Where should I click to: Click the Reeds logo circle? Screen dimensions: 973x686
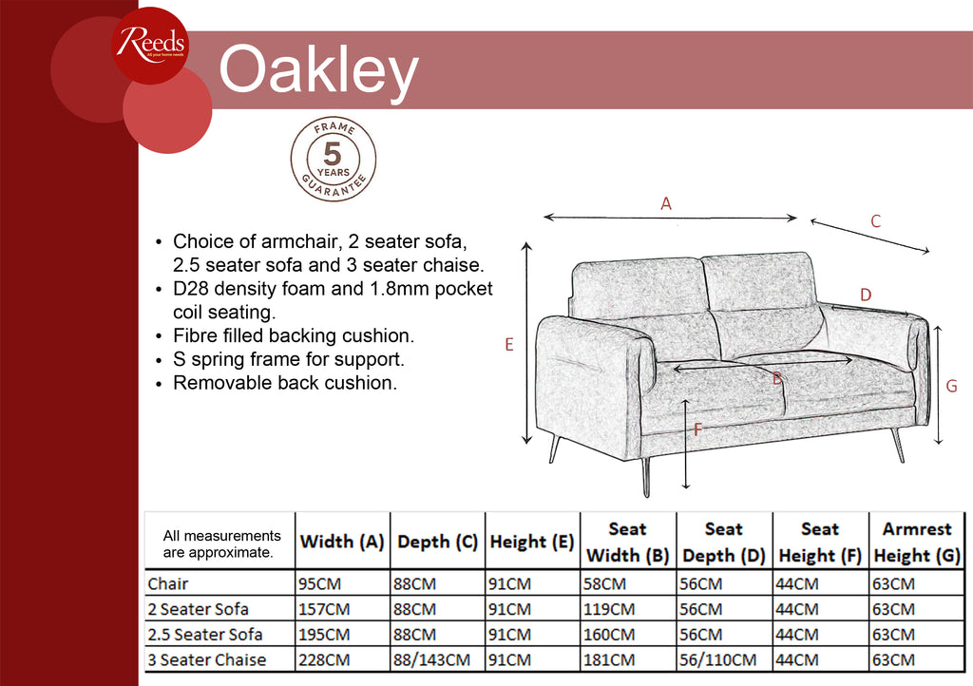(150, 45)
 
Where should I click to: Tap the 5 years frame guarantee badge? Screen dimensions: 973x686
(334, 160)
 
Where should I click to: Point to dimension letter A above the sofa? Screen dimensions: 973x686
(666, 203)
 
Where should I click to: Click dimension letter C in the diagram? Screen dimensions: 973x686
(875, 221)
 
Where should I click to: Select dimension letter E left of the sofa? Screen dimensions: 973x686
(509, 344)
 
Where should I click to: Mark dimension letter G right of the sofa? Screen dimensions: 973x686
(951, 387)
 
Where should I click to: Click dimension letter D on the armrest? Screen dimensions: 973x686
(866, 295)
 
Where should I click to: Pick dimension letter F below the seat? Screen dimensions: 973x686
(698, 429)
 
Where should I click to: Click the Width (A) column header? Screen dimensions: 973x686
(342, 542)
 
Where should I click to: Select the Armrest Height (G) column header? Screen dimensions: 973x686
(917, 543)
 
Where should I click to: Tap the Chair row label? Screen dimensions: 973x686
(167, 583)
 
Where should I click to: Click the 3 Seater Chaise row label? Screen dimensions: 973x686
(206, 660)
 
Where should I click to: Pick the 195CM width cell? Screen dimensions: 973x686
(324, 635)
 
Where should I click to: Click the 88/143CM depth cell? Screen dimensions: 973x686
(431, 660)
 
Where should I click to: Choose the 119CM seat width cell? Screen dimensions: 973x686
(609, 609)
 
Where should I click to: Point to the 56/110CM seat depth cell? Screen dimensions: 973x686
(717, 660)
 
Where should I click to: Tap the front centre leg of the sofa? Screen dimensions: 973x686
(646, 476)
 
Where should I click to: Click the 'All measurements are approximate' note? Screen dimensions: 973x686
(221, 544)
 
